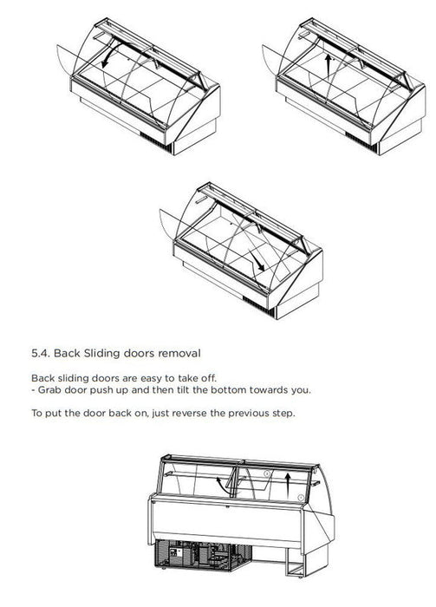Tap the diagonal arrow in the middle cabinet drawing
(257, 260)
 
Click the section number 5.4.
(41, 353)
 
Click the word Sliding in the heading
(101, 354)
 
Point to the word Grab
(49, 389)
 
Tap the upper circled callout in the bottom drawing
(267, 473)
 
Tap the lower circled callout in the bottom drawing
(301, 497)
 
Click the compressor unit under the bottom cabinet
(203, 554)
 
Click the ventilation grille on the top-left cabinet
(155, 141)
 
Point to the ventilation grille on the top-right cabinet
(361, 141)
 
